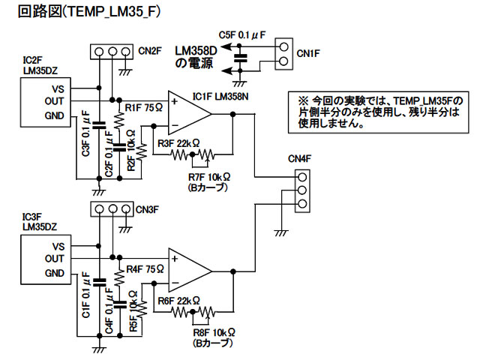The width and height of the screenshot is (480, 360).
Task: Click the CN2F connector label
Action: coord(151,51)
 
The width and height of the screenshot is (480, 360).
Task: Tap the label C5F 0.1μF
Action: coord(241,35)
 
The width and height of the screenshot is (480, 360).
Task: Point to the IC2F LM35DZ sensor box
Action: coord(46,100)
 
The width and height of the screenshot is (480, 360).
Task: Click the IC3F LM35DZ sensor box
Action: coord(46,258)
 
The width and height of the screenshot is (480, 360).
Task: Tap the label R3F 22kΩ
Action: coord(178,143)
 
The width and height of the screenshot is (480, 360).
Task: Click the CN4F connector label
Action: coord(301,160)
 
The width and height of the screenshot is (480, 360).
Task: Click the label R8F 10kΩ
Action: coord(211,331)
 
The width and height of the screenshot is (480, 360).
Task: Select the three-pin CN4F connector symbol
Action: coord(301,190)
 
